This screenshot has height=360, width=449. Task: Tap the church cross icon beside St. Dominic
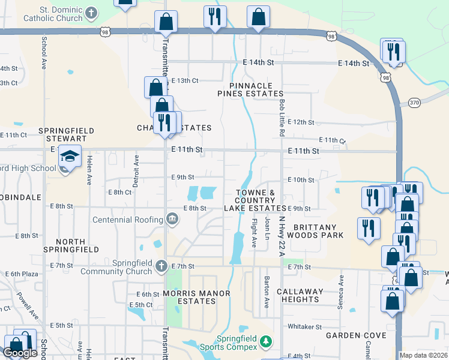pos(91,12)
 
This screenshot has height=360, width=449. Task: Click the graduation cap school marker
pos(70,157)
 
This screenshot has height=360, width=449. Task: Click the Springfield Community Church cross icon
pos(161,265)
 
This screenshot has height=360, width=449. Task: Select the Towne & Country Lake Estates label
pos(255,200)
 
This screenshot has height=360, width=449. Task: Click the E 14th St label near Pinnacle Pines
pos(258,62)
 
